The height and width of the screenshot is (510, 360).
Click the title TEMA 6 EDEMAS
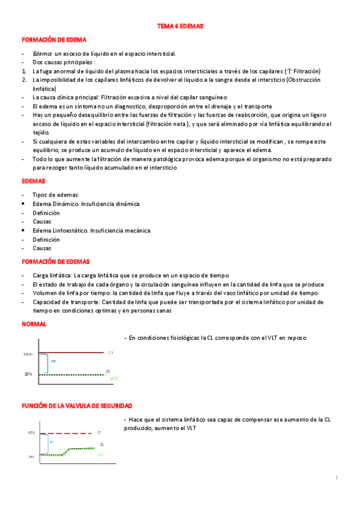180,26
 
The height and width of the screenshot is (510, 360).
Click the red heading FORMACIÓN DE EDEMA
54,39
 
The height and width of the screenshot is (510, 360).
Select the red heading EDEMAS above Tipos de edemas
34,180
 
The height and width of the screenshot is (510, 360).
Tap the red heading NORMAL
34,324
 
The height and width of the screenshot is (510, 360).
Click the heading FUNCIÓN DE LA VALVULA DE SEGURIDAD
77,407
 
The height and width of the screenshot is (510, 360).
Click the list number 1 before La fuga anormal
23,70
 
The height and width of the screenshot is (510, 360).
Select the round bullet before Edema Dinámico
23,204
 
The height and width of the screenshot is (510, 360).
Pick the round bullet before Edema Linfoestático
23,230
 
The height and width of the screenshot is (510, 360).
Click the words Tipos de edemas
56,195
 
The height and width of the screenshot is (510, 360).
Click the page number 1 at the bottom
337,478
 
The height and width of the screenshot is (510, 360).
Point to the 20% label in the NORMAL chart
28,374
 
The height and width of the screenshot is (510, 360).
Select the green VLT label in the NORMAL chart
113,379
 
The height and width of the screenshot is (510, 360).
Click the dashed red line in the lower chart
66,432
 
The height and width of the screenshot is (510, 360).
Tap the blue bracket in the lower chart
41,444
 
